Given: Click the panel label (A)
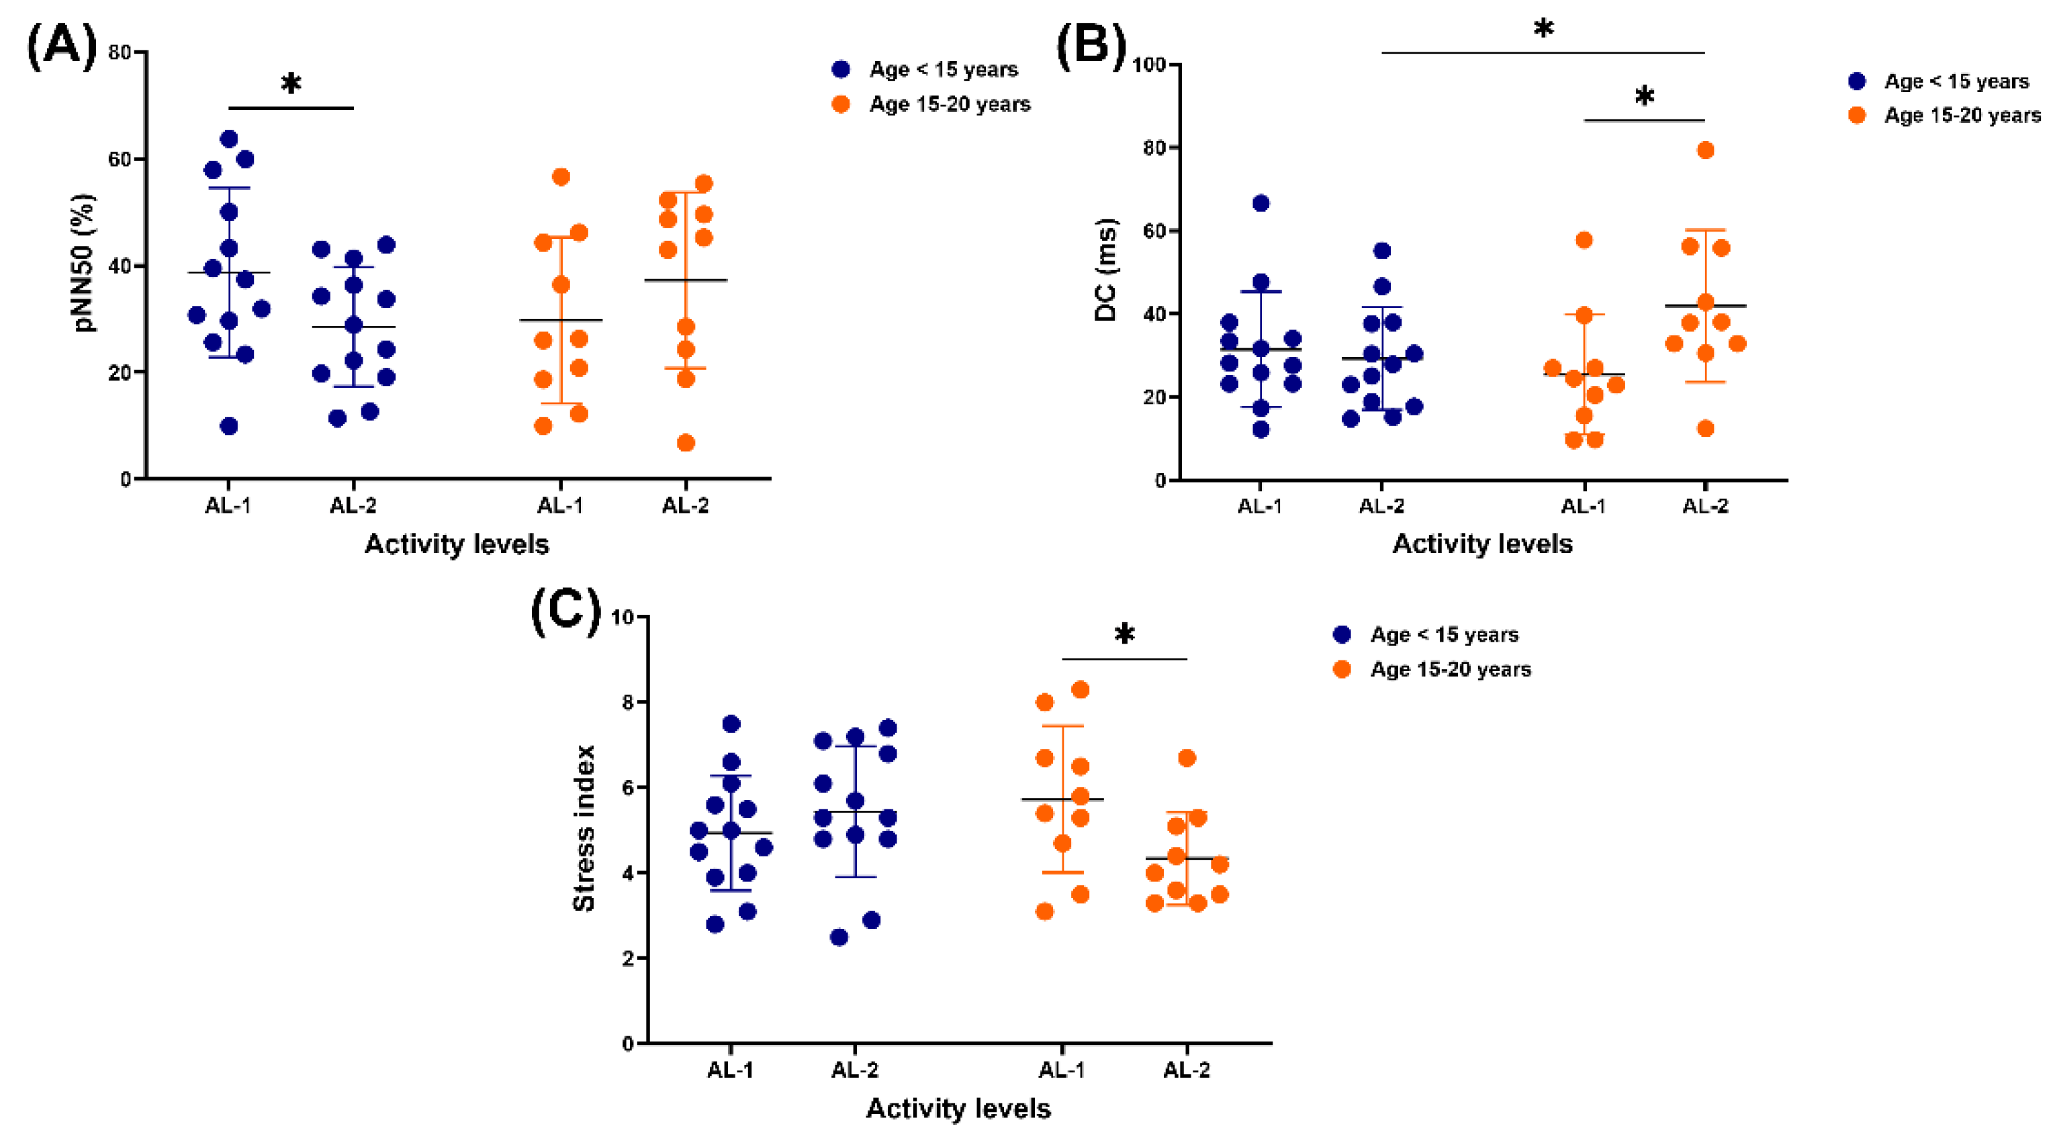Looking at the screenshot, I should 62,46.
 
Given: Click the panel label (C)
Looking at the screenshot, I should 565,611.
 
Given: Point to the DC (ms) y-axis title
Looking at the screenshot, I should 1105,269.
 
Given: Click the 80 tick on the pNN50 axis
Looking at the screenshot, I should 120,53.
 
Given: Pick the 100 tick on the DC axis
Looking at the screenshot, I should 1148,64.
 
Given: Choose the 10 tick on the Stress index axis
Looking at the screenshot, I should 622,617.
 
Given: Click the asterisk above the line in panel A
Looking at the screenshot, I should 291,83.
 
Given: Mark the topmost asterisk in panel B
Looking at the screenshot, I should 1543,30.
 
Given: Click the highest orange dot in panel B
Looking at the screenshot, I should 1705,150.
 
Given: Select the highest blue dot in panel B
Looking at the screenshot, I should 1261,203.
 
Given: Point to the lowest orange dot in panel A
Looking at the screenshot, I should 686,443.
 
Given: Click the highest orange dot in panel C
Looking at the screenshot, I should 1080,689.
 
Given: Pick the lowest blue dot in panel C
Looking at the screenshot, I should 839,937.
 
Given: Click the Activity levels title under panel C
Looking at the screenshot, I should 958,1108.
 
